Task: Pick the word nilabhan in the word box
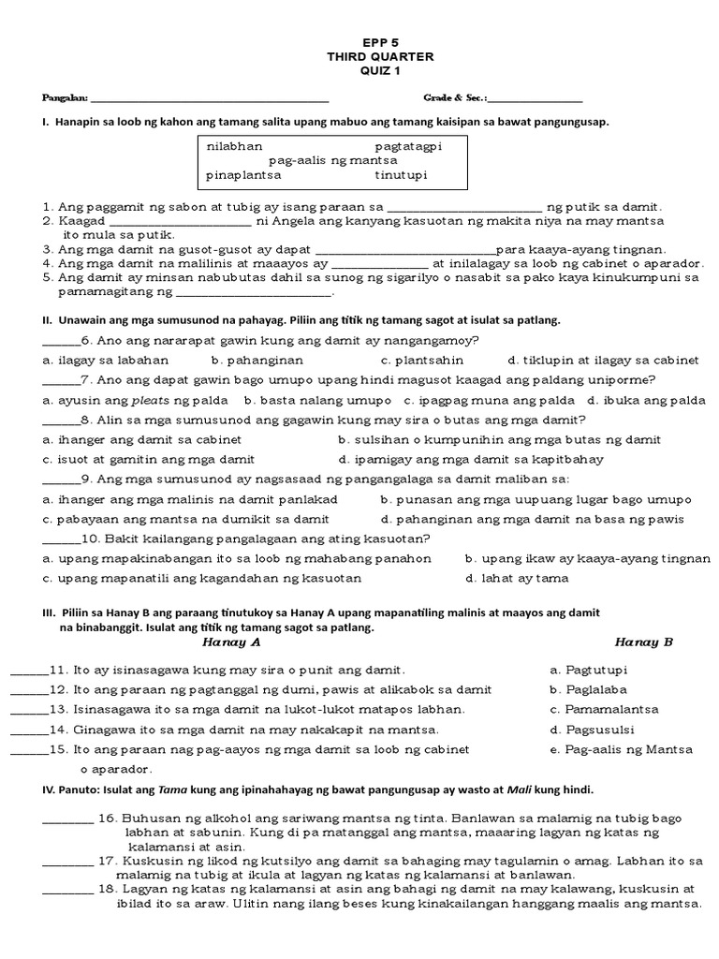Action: click(x=234, y=147)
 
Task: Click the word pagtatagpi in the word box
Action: click(x=407, y=147)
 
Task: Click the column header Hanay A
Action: click(x=230, y=642)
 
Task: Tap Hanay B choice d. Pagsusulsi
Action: click(x=588, y=730)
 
